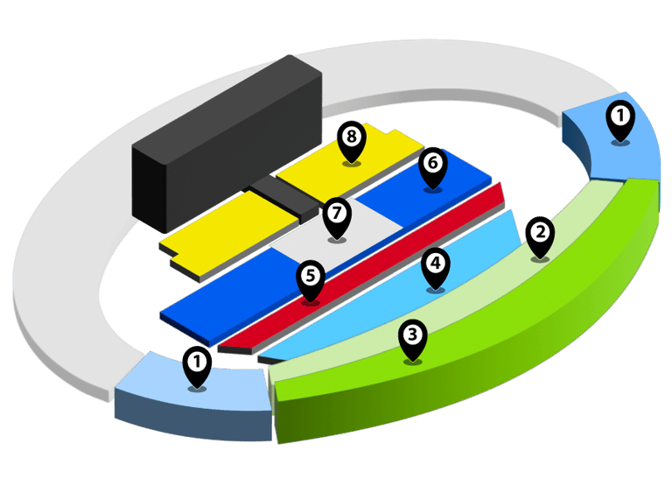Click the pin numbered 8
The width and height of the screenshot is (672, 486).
352,140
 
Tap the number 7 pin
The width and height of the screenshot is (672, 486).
336,215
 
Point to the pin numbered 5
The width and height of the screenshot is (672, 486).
310,279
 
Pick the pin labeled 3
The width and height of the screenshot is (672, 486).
412,338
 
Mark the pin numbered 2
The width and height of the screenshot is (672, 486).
541,236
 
